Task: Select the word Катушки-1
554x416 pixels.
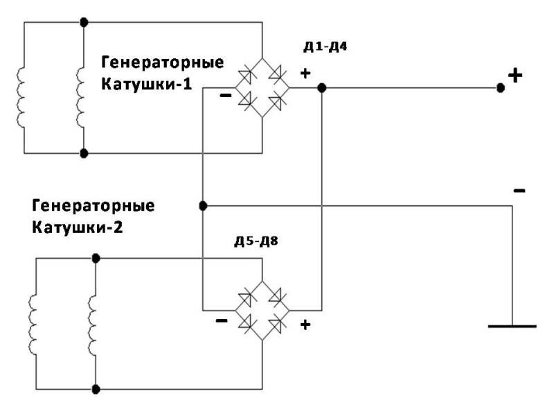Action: coord(146,85)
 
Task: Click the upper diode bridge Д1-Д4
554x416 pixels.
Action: coord(262,88)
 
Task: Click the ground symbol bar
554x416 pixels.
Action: coord(512,325)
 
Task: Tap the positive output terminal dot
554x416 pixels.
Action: coord(500,88)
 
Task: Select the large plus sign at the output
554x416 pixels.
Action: coord(515,75)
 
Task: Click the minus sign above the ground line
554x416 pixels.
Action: coord(519,190)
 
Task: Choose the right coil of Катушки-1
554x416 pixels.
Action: coord(82,101)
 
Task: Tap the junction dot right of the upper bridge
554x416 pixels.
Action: coord(322,88)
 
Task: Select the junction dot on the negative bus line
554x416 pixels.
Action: coord(203,206)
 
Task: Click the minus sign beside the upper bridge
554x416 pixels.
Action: coord(225,96)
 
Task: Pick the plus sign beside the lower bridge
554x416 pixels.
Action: coord(304,324)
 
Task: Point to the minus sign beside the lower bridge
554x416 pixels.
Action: coord(221,321)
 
